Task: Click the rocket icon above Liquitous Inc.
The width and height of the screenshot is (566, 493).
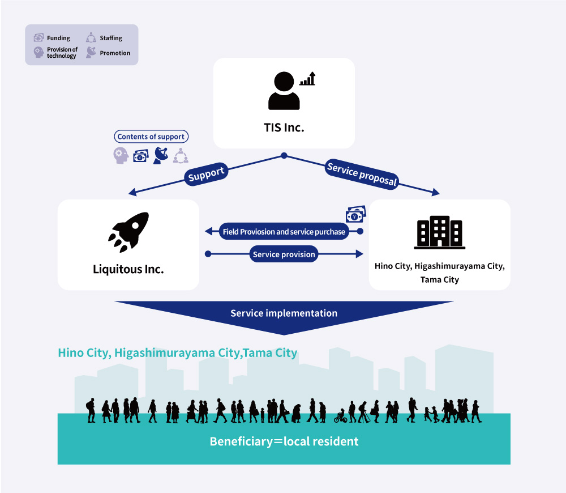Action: pyautogui.click(x=129, y=232)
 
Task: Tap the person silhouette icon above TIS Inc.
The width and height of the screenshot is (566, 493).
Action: pyautogui.click(x=284, y=90)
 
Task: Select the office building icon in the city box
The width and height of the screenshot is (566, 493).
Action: pyautogui.click(x=439, y=232)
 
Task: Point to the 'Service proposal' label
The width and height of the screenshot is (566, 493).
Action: pyautogui.click(x=362, y=174)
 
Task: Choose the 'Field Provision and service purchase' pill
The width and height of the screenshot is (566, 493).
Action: pyautogui.click(x=284, y=232)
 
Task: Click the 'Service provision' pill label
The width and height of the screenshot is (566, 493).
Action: pyautogui.click(x=284, y=254)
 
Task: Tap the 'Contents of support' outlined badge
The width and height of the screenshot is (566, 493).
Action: pyautogui.click(x=151, y=137)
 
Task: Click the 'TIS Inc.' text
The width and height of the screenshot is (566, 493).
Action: pyautogui.click(x=284, y=127)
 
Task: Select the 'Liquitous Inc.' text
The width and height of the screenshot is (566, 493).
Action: pyautogui.click(x=128, y=269)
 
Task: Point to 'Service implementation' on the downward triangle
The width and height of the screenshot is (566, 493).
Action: pyautogui.click(x=284, y=313)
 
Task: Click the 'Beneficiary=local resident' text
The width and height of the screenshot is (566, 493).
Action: pyautogui.click(x=284, y=441)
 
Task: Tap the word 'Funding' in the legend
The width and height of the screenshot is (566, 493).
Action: pyautogui.click(x=58, y=38)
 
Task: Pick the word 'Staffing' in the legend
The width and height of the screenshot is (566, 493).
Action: pyautogui.click(x=111, y=38)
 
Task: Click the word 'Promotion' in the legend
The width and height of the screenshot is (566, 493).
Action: pyautogui.click(x=115, y=53)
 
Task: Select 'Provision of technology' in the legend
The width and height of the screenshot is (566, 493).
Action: pyautogui.click(x=62, y=52)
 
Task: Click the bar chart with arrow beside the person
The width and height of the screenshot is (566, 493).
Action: pyautogui.click(x=307, y=78)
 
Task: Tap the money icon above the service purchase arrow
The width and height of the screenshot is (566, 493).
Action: pyautogui.click(x=356, y=214)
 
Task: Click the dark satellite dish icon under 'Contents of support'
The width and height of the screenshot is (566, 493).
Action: pyautogui.click(x=161, y=155)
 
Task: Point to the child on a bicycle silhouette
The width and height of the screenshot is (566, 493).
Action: pyautogui.click(x=340, y=416)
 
